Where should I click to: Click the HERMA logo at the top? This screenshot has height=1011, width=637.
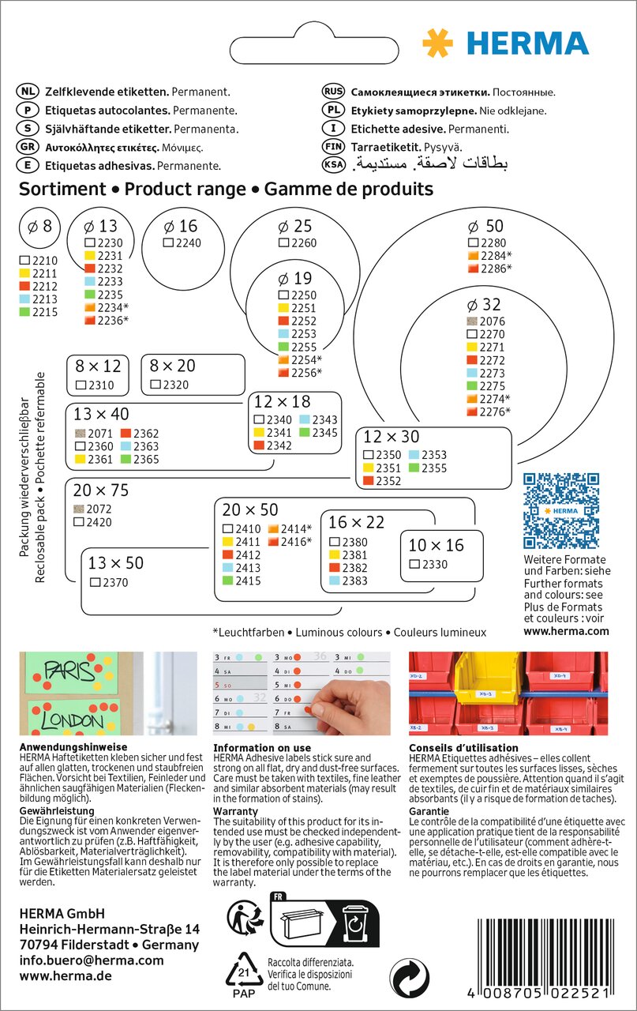(505, 43)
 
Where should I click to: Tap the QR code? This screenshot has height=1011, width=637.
(562, 510)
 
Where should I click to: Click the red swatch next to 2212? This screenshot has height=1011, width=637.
(24, 286)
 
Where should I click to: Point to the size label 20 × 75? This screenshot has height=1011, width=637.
(100, 490)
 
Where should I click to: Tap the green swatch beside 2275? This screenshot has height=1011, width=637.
(473, 386)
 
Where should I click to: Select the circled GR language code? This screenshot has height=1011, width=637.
(28, 147)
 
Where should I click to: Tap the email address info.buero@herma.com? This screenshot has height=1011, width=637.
(92, 960)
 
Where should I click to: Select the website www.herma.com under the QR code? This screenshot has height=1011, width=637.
(566, 631)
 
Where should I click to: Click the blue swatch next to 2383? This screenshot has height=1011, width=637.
(334, 581)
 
